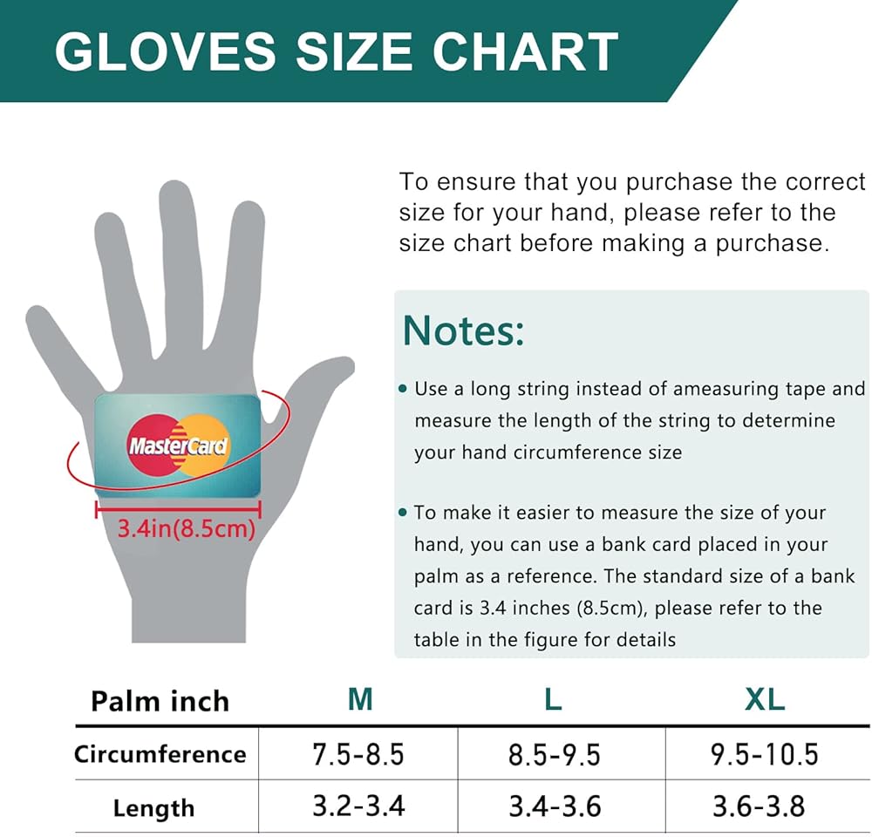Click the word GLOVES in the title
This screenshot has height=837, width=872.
click(x=165, y=51)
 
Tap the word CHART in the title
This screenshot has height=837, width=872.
click(x=525, y=51)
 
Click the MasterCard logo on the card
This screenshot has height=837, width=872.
click(x=178, y=446)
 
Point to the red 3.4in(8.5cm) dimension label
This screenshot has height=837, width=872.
click(x=186, y=528)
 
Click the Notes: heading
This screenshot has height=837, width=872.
click(x=463, y=330)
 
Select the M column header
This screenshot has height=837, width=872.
click(x=360, y=699)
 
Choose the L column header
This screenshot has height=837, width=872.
click(x=553, y=699)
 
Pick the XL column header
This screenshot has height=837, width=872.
click(x=765, y=699)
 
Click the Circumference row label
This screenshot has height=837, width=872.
click(x=160, y=754)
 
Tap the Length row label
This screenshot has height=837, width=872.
click(x=154, y=808)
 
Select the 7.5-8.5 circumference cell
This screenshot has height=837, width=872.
click(x=358, y=755)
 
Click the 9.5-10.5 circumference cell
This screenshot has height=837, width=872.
click(x=765, y=755)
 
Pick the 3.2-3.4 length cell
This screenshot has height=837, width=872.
click(x=358, y=806)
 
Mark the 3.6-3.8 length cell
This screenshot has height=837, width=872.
click(x=759, y=806)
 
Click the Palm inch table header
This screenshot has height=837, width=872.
click(x=160, y=701)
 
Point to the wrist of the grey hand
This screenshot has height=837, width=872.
click(x=189, y=612)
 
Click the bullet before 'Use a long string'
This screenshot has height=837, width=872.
click(x=403, y=390)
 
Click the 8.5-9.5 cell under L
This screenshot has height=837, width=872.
click(x=555, y=755)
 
